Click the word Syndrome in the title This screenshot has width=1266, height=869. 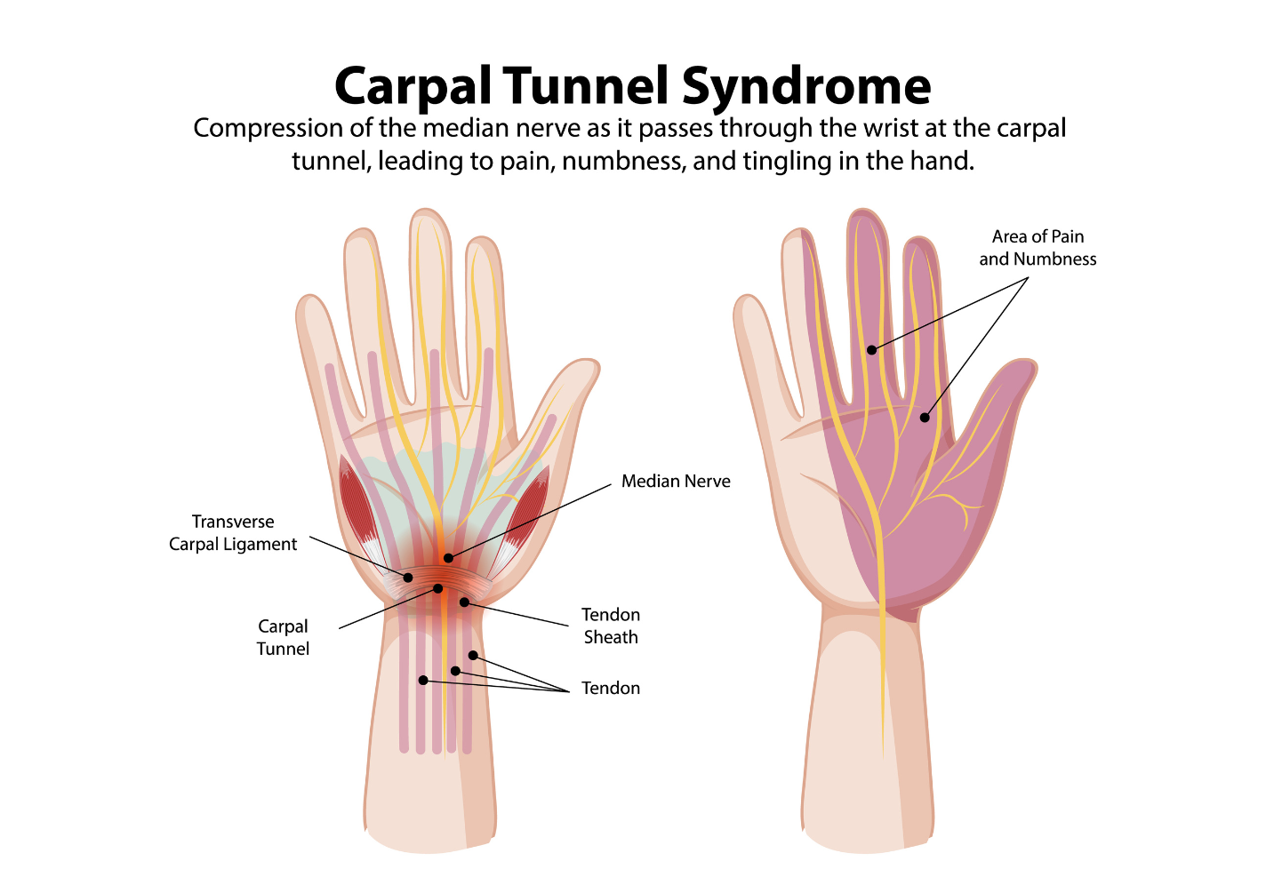click(806, 87)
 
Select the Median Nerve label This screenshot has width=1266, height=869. click(676, 482)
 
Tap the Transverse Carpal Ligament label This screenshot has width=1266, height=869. click(233, 533)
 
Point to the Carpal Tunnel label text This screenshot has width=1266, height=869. click(283, 637)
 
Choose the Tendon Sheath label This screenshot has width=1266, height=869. click(611, 626)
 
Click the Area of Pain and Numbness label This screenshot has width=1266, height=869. click(1038, 248)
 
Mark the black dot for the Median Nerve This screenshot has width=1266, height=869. click(448, 558)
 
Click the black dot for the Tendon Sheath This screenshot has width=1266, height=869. click(464, 602)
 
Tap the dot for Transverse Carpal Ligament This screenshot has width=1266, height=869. click(408, 578)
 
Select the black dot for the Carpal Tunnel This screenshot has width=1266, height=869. click(438, 588)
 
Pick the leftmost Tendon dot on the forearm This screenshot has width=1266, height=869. click(423, 681)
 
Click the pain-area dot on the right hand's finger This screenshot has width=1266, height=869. click(872, 350)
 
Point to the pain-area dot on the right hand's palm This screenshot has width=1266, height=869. click(925, 418)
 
